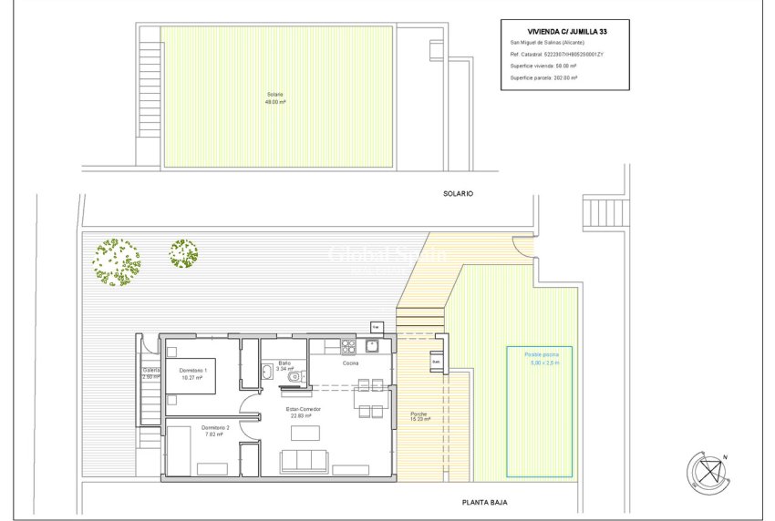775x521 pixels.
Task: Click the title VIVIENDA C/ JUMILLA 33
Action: coord(565,31)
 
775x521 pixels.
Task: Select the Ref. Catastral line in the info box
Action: coord(557,55)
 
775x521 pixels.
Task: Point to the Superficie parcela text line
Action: coord(545,78)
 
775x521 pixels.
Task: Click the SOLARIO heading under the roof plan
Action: coord(460,194)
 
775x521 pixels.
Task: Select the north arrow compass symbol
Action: coord(709,472)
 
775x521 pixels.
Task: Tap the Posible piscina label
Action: coord(541,357)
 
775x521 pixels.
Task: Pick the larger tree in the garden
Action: coord(116,261)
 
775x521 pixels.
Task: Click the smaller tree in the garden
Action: coord(183,253)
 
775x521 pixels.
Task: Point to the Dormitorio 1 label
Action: coord(192,373)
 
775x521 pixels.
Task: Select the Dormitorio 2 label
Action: coord(215,430)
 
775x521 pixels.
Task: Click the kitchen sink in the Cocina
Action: coord(372,346)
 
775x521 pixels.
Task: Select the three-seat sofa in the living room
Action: coord(305,462)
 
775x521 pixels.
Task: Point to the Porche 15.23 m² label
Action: coord(418,416)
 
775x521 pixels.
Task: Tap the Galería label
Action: coord(151,373)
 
